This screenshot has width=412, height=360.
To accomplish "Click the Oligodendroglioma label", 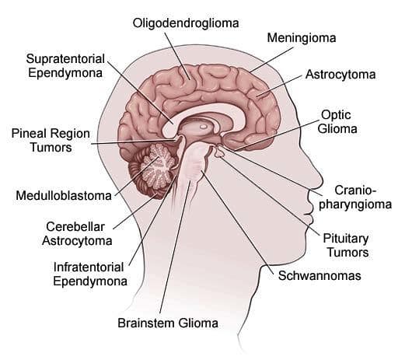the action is [186, 23].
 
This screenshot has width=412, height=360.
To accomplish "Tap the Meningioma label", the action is [302, 38].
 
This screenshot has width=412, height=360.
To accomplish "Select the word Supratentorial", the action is [65, 59].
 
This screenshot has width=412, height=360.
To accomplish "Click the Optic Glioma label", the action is [337, 122].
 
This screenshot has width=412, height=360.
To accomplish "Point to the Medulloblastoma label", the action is [64, 195].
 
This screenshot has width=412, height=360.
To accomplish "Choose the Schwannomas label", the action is [319, 276].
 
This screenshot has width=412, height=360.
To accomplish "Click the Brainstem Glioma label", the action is [168, 323].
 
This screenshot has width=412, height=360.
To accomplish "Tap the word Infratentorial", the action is [89, 267].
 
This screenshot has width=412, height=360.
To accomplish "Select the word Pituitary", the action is [345, 239].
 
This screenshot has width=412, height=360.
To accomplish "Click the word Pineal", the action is [29, 133].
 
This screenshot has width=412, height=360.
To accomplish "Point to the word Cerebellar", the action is [75, 227].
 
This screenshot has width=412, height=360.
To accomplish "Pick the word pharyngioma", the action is [355, 204].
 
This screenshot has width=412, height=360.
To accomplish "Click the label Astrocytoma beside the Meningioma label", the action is [340, 75].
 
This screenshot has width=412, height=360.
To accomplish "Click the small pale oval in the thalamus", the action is [203, 127].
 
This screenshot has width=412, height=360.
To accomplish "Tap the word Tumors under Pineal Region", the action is [51, 147].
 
